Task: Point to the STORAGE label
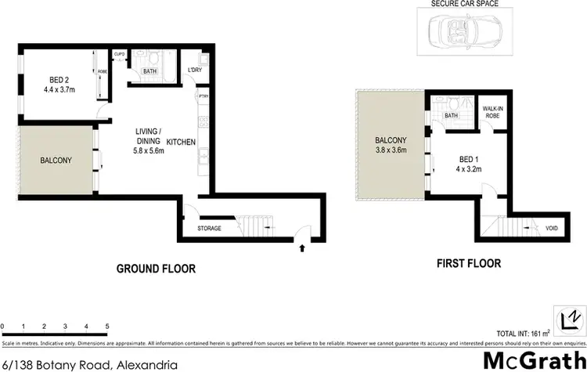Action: [x=209, y=229]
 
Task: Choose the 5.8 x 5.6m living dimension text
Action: [x=149, y=151]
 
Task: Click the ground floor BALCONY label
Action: [x=56, y=161]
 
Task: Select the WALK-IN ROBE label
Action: [x=492, y=113]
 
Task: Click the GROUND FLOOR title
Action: [x=156, y=269]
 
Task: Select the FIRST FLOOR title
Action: [x=468, y=264]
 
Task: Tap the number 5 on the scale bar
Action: [x=106, y=326]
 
